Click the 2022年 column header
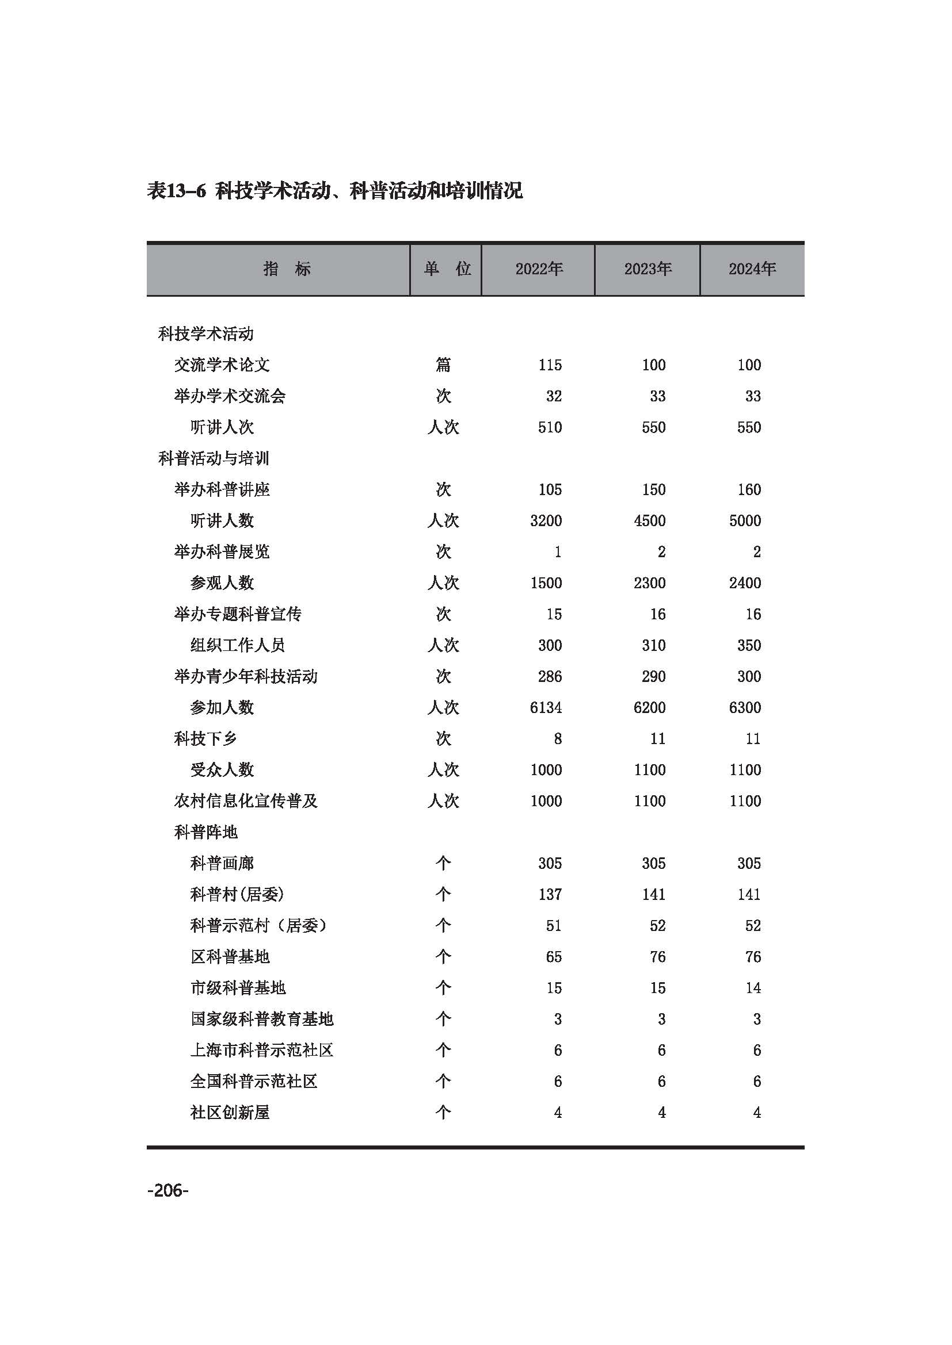tap(539, 269)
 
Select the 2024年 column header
tap(752, 269)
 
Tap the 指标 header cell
tap(287, 269)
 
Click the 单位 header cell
tap(447, 269)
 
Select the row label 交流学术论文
tap(222, 365)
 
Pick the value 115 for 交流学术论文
tap(550, 365)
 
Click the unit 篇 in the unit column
tap(443, 365)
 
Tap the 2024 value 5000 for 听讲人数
tap(744, 521)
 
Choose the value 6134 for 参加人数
tap(545, 708)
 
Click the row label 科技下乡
tap(205, 739)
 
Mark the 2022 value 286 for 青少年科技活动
tap(550, 677)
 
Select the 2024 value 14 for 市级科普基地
tap(753, 988)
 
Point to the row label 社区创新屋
tap(230, 1113)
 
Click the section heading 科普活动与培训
tap(214, 459)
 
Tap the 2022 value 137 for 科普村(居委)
tap(550, 895)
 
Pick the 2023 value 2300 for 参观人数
tap(649, 583)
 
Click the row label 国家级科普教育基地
tap(261, 1020)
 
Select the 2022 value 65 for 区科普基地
tap(553, 957)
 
